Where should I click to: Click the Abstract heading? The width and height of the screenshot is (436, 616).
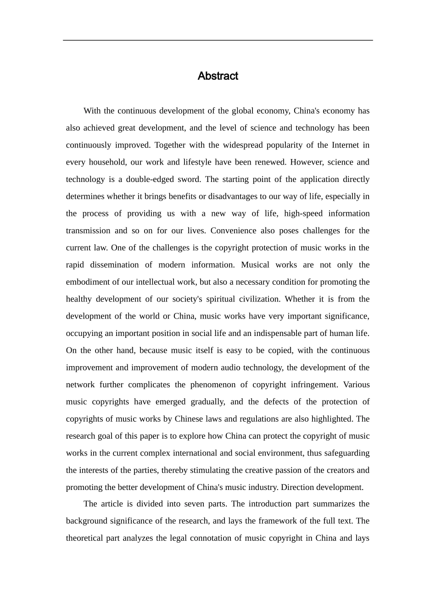pyautogui.click(x=218, y=76)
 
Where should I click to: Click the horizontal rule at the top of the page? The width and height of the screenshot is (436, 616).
pyautogui.click(x=218, y=40)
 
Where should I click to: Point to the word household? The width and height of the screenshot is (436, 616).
pyautogui.click(x=107, y=162)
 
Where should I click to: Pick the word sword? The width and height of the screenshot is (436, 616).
pyautogui.click(x=192, y=179)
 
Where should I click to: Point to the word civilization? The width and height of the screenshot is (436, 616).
pyautogui.click(x=257, y=299)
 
